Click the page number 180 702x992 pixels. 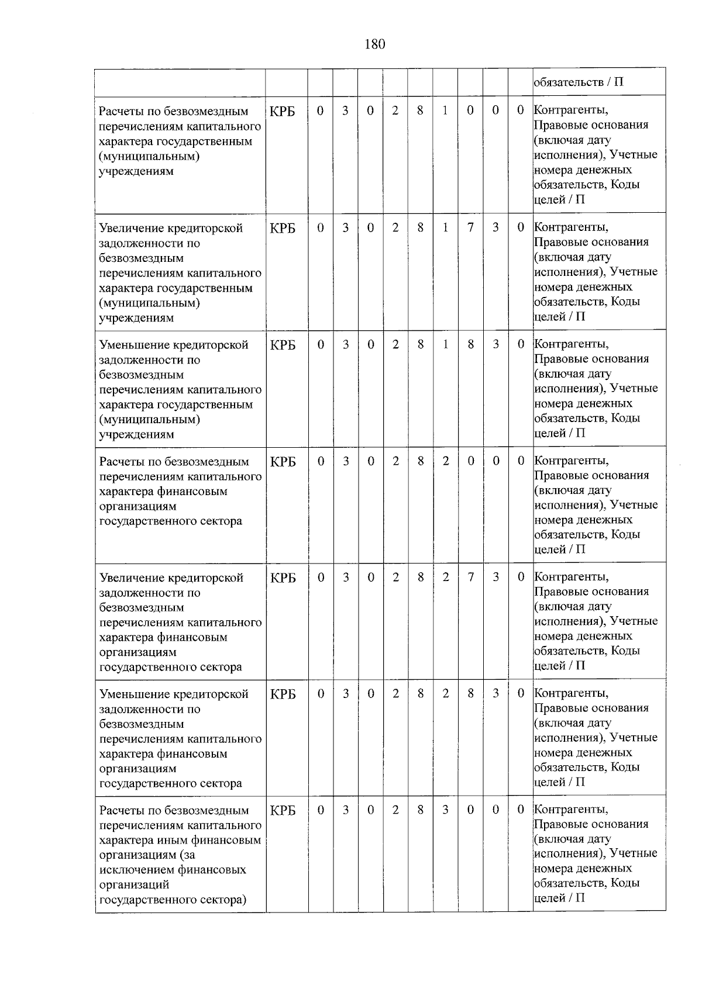click(x=374, y=44)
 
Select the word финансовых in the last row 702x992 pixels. click(x=212, y=870)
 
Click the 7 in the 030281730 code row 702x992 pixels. click(x=470, y=227)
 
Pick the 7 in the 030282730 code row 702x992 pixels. click(x=470, y=578)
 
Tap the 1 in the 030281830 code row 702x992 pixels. click(x=445, y=344)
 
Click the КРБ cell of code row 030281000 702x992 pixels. click(x=283, y=111)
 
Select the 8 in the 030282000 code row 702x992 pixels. click(x=421, y=461)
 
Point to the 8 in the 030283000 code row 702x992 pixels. click(x=421, y=810)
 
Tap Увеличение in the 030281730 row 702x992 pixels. click(x=132, y=228)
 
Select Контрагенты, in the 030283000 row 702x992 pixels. click(x=571, y=810)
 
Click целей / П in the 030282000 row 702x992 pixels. click(x=559, y=549)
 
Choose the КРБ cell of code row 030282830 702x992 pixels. click(x=283, y=694)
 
